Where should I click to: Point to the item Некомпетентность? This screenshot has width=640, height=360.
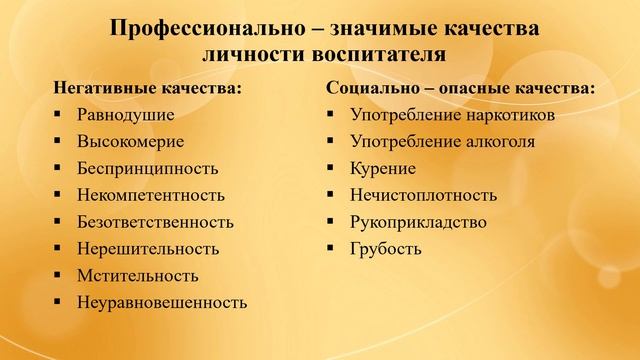click(150, 194)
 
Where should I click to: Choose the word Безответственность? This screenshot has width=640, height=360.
click(154, 221)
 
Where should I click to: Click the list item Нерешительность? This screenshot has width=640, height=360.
click(147, 247)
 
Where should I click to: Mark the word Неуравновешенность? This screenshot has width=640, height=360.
click(161, 301)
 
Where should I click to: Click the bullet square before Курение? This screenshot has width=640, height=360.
click(331, 168)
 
